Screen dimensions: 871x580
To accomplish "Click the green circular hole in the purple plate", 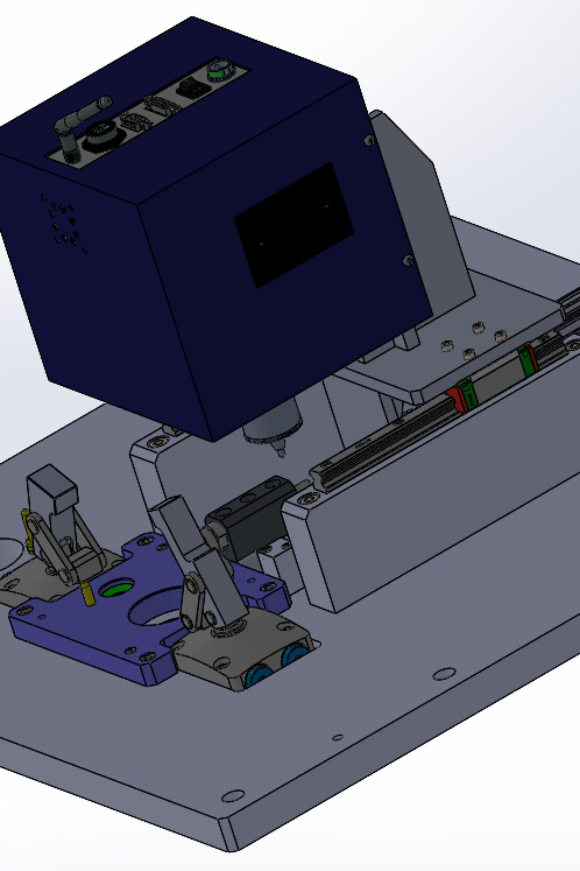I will (x=116, y=589).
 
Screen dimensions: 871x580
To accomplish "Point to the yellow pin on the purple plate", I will (x=89, y=594).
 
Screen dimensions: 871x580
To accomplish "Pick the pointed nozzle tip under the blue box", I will (x=280, y=451).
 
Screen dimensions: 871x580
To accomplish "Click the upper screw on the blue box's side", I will (x=369, y=140).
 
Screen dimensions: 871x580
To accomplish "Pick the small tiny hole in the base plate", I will (x=338, y=737).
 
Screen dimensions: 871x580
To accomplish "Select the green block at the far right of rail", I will (x=526, y=360).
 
